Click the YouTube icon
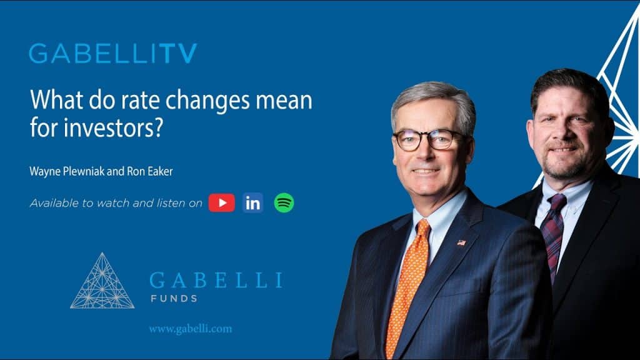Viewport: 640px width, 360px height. coord(221,202)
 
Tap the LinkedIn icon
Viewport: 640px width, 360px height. coord(253,202)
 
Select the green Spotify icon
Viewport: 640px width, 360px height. coord(284,202)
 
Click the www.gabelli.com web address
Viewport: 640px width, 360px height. coord(190,329)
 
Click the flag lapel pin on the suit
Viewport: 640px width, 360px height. coord(461,242)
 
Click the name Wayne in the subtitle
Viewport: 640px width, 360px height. coord(45,170)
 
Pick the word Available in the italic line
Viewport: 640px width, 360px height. coord(53,203)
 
